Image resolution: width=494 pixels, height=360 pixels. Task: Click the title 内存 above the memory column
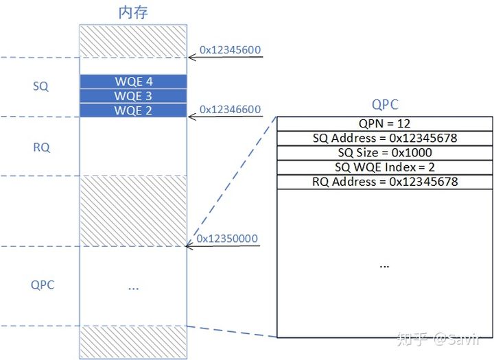[133, 12]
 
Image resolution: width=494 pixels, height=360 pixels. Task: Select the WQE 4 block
[133, 82]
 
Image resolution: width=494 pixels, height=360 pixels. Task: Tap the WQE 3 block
[133, 96]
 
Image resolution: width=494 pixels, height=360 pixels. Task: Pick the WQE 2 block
[133, 110]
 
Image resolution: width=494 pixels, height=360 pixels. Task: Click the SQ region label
[41, 87]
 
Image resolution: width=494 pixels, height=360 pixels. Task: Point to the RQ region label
[41, 147]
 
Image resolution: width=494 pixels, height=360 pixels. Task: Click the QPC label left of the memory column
[43, 285]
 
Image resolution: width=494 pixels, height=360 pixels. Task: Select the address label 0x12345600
[230, 49]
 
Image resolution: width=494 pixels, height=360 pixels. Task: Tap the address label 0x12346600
[230, 109]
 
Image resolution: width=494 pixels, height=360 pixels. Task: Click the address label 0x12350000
[226, 239]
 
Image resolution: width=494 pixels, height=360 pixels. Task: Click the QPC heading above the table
[385, 105]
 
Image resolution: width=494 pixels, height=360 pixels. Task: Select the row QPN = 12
[385, 123]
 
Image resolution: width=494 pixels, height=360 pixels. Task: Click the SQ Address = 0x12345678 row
[385, 138]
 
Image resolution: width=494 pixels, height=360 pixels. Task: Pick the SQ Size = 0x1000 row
[385, 152]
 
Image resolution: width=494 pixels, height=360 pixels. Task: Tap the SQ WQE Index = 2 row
[385, 167]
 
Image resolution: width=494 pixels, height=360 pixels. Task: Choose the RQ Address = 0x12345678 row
[385, 182]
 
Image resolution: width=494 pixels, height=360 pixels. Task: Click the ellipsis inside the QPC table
[384, 264]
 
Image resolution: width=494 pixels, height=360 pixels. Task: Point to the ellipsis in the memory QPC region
[133, 287]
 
